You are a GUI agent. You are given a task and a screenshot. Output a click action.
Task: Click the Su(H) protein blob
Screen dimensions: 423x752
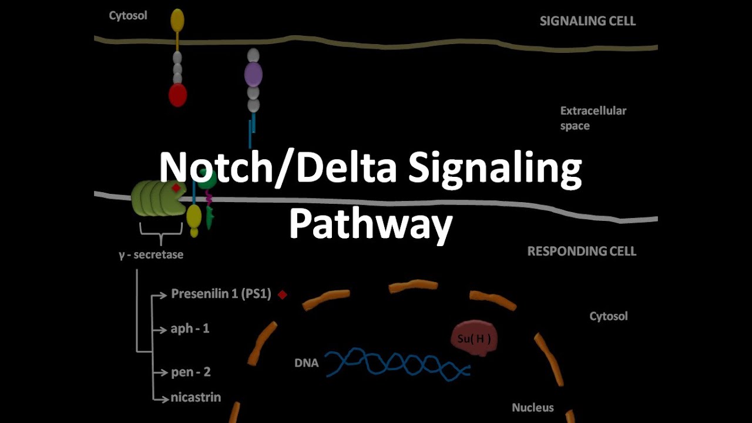click(474, 338)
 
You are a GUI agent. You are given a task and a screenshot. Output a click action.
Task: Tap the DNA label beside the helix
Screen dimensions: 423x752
click(306, 363)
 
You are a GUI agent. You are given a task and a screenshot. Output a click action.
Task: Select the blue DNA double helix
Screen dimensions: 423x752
click(398, 362)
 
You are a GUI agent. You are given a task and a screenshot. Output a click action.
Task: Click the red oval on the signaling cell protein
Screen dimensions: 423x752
click(177, 95)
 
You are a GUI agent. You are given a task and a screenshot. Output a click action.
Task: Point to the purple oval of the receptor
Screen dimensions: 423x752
click(253, 75)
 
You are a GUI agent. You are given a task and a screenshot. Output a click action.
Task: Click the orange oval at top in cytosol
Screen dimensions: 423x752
click(177, 21)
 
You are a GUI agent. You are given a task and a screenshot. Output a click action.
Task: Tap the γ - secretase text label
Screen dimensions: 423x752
click(151, 255)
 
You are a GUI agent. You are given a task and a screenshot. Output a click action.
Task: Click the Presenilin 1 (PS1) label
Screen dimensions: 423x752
click(221, 294)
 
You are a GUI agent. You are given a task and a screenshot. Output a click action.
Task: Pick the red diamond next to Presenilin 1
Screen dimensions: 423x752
click(283, 295)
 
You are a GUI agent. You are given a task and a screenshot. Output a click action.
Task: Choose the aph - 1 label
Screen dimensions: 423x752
click(190, 328)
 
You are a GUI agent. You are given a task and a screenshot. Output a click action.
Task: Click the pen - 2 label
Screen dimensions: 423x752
click(190, 372)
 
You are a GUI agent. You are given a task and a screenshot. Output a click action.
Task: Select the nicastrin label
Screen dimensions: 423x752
click(196, 397)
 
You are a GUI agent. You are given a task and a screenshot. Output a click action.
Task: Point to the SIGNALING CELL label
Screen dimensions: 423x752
click(587, 21)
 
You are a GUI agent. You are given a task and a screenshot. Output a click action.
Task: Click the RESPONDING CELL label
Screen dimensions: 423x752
click(582, 251)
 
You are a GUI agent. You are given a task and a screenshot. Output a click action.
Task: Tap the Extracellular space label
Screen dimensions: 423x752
click(593, 118)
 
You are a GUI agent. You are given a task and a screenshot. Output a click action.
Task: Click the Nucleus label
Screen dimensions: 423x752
click(532, 407)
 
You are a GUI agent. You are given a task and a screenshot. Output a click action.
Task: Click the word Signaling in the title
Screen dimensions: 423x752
click(495, 169)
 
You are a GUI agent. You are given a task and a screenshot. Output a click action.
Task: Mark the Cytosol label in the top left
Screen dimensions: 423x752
click(128, 16)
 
